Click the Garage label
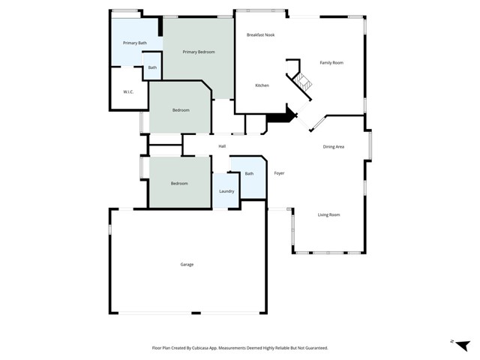tap(187, 265)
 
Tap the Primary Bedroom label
tap(200, 52)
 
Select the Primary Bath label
tap(135, 43)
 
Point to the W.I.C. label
tap(128, 91)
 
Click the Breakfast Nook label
tap(260, 35)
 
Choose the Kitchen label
tap(262, 85)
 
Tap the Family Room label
tap(331, 62)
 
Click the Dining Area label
tap(334, 146)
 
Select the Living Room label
tap(328, 215)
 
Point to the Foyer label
tap(279, 173)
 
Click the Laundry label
tap(226, 191)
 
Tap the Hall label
tap(222, 146)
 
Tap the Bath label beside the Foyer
tap(249, 174)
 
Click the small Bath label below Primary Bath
tap(152, 67)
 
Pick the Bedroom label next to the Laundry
tap(178, 184)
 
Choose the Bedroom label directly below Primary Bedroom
tap(181, 110)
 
